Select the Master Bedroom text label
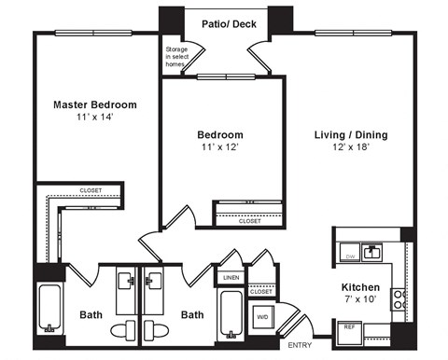94,104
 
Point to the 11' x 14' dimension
93,118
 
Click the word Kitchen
359,287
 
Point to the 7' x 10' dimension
359,301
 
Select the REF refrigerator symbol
350,327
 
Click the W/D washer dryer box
262,317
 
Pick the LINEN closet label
231,277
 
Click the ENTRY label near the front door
301,345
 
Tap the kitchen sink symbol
372,250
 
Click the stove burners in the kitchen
399,299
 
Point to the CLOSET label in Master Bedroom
91,190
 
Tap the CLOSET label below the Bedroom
249,221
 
